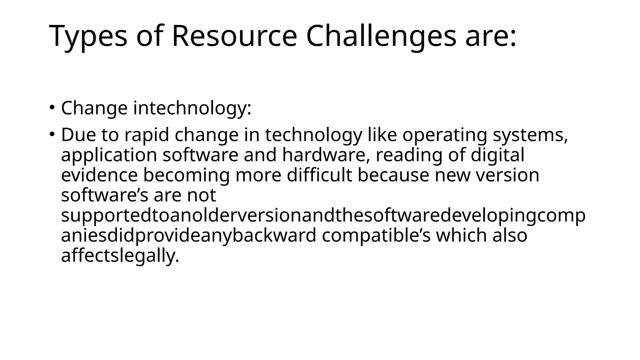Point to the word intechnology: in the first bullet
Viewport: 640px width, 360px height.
192,108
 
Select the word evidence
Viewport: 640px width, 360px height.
99,175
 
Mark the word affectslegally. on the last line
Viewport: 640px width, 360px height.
120,256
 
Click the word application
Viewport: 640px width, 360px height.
109,155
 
